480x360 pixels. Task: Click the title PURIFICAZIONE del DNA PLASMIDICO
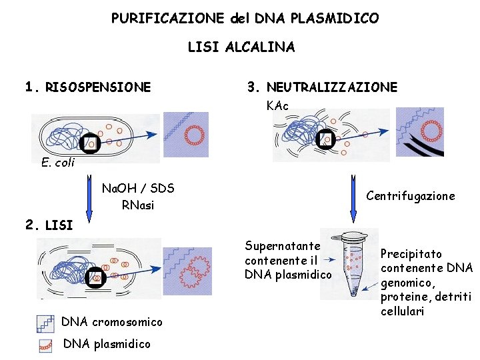tap(245, 18)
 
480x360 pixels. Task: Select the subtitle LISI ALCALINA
tap(241, 47)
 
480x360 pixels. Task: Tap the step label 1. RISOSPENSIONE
tap(87, 87)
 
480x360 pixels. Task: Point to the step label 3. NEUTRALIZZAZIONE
tap(322, 87)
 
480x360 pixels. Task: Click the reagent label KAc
tap(277, 106)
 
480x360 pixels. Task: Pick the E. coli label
tap(57, 163)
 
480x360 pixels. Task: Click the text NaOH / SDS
tap(138, 189)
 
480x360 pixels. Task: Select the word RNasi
tap(138, 205)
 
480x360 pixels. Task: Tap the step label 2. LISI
tap(49, 225)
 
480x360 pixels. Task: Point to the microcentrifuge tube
tap(354, 263)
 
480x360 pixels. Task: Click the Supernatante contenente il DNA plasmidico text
tap(287, 260)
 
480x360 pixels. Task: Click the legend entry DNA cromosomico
tap(111, 322)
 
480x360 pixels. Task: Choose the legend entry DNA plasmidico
tap(106, 344)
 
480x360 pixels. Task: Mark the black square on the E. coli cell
tap(89, 143)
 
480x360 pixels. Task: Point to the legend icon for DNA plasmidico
tap(45, 345)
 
